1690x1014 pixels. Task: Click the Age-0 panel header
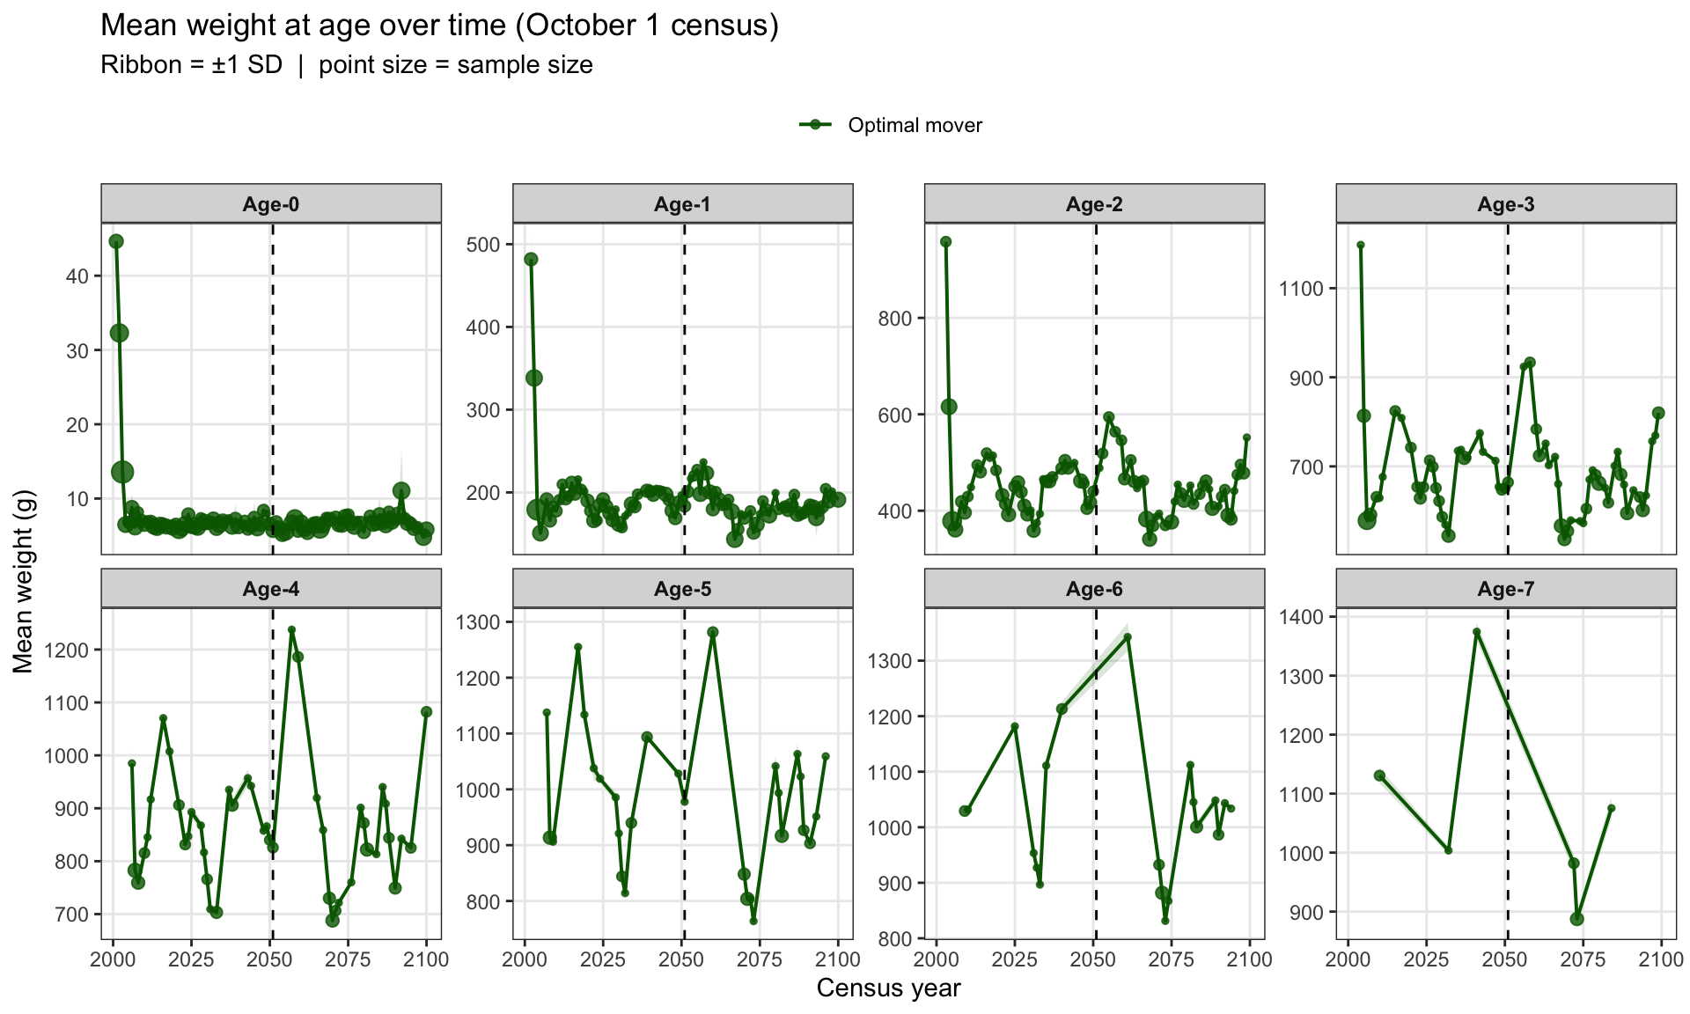click(271, 204)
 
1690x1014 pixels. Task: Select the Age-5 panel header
click(682, 589)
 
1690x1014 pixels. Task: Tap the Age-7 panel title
click(1506, 589)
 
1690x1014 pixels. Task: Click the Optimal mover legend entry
click(890, 125)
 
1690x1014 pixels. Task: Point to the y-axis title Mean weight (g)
click(24, 582)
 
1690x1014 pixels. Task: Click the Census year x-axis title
click(888, 988)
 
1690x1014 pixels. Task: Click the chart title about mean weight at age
click(440, 26)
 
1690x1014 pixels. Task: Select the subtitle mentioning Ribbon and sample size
click(347, 65)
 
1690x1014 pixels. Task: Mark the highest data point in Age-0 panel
click(116, 241)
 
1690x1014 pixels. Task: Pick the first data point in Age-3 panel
click(1361, 246)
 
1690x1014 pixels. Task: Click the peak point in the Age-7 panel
click(1477, 632)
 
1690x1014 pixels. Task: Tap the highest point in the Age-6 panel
click(1128, 636)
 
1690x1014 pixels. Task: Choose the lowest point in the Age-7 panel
click(1576, 919)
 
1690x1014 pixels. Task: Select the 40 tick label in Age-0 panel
click(78, 276)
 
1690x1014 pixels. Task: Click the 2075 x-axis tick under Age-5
click(760, 959)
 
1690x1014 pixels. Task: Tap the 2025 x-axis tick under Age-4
click(191, 959)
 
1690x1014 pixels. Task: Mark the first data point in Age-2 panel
click(946, 241)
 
